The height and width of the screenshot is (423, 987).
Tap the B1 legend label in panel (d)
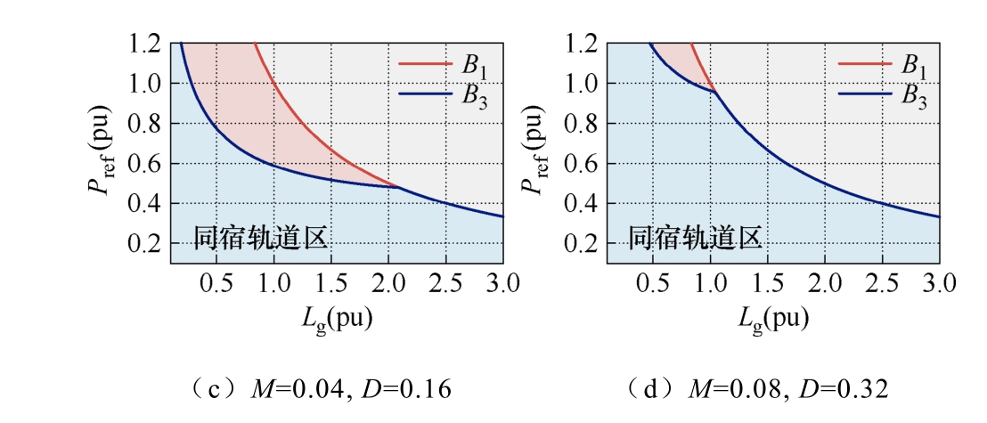pos(913,66)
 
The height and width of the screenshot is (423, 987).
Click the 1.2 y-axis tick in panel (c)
pos(146,44)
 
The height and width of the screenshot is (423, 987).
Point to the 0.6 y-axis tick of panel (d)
pos(583,164)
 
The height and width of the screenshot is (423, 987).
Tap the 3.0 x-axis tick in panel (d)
pos(939,284)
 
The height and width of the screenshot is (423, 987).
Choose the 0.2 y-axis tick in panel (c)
pos(146,244)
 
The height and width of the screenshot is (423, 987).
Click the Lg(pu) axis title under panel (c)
pos(336,320)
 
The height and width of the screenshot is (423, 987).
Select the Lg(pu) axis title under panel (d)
pos(772,320)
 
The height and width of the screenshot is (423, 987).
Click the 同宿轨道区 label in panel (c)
pos(259,239)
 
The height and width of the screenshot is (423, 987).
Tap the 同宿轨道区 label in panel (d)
pos(696,239)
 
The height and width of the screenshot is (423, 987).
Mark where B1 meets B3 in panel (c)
pos(398,187)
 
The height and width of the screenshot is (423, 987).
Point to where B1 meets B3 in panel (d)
pos(715,92)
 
